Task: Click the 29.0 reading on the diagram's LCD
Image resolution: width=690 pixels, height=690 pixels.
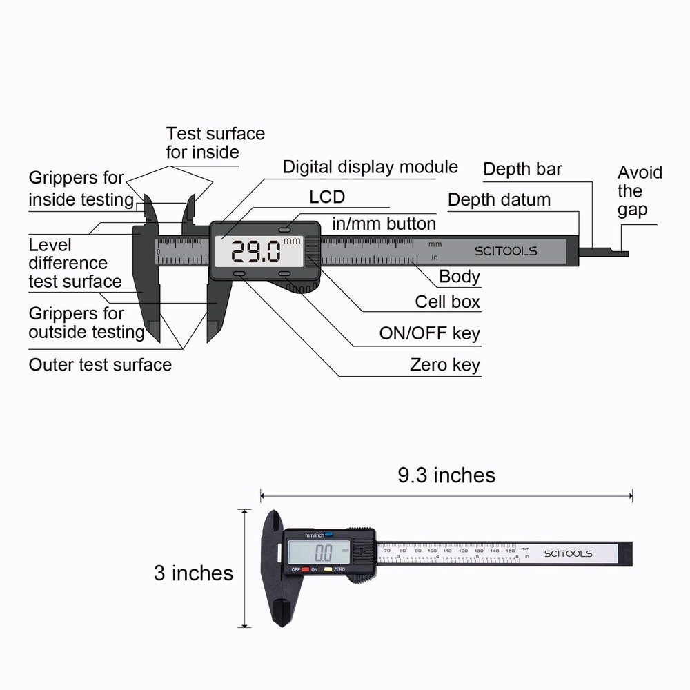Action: pos(255,252)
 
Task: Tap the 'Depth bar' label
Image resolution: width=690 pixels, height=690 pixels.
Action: pos(522,169)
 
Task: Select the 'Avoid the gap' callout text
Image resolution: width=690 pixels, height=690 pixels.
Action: pos(639,191)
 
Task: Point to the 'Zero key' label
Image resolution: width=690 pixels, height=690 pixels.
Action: pos(444,365)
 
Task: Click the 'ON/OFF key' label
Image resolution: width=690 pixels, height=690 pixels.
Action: pos(429,334)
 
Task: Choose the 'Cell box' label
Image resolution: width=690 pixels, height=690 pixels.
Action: pos(447,302)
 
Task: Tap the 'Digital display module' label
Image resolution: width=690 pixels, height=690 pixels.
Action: pos(370,167)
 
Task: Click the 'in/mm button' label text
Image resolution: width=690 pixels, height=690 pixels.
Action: pos(384,224)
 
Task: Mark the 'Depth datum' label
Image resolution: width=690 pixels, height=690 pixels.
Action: pos(499,200)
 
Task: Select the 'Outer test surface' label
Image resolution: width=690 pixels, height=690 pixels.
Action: pos(100,364)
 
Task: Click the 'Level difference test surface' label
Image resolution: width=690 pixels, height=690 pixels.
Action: pos(75,263)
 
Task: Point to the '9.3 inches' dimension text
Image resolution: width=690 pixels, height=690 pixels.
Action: pos(446,475)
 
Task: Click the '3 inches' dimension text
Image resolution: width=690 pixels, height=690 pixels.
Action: pos(193,573)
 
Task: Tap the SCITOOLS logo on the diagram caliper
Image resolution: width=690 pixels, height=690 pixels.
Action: pos(505,251)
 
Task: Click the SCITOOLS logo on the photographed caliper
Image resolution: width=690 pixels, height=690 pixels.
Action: pos(568,553)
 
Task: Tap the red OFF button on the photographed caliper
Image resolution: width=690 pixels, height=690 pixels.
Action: pos(305,569)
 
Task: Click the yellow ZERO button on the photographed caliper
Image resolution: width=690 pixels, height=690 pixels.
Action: pos(328,569)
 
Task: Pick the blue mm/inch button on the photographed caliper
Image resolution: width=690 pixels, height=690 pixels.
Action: pos(329,534)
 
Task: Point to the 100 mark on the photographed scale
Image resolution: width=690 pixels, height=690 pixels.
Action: pos(433,551)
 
